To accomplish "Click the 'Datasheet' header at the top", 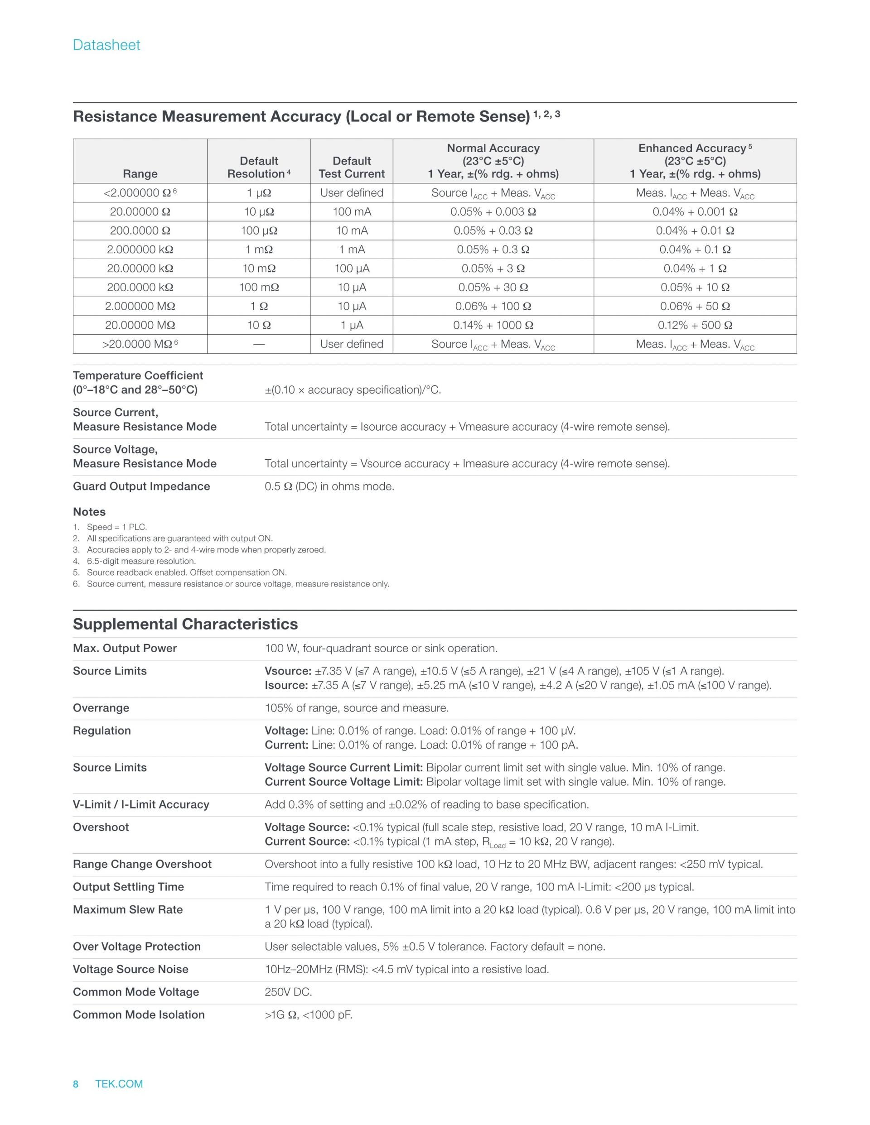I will (x=106, y=45).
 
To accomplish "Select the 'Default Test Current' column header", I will (x=352, y=168).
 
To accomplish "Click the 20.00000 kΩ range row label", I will (x=140, y=269).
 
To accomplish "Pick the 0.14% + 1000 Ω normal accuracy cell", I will (x=493, y=325).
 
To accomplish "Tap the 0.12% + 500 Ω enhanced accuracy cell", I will (x=695, y=325).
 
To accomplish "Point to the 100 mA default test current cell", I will (x=352, y=212).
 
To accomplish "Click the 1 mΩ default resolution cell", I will (x=259, y=249).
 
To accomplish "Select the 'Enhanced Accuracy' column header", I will (x=695, y=161).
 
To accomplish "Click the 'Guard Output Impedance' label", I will (x=141, y=486).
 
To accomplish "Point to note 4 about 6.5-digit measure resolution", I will (x=141, y=561).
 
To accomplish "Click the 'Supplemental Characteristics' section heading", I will (x=185, y=624).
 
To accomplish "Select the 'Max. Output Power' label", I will (x=125, y=648).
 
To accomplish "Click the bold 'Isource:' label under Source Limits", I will (x=286, y=685).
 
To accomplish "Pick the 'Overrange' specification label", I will (x=101, y=708).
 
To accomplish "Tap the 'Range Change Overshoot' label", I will (x=142, y=864).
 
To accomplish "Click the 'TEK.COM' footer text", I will (x=119, y=1084).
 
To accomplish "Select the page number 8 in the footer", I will (x=76, y=1084).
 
